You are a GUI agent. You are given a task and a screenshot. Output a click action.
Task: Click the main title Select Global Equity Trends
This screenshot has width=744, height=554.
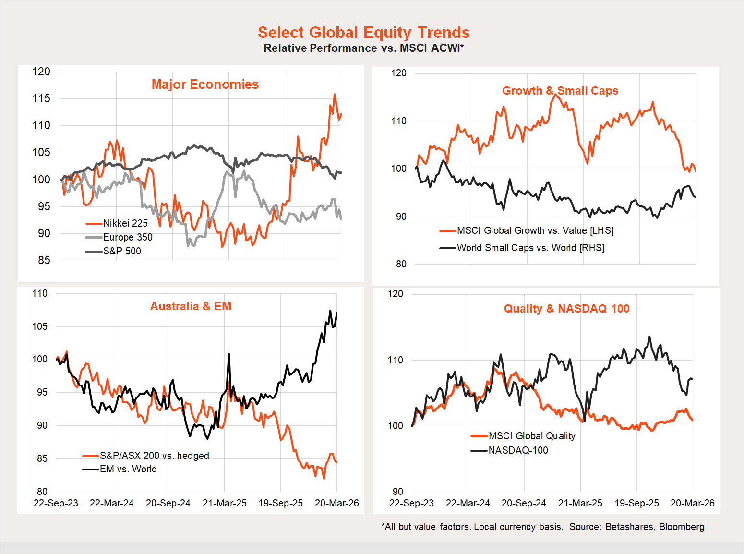363,32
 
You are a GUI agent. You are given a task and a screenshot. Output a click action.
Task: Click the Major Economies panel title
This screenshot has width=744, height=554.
205,84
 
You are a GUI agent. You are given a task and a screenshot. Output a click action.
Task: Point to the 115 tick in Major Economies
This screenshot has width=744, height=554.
41,98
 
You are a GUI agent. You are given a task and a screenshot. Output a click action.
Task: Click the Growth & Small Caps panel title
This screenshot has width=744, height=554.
560,91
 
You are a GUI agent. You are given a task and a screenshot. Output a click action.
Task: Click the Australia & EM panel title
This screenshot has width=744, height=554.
191,306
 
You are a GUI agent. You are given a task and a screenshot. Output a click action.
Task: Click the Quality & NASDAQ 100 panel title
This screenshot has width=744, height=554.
566,309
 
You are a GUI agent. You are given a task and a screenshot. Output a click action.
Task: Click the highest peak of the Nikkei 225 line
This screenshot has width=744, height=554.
335,95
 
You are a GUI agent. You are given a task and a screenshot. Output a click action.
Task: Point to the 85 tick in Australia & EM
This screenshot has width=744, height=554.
42,458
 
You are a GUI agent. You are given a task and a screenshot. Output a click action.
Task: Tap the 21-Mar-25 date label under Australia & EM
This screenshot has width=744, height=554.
224,503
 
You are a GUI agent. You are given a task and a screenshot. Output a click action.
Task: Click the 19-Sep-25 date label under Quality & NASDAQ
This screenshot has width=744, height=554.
636,503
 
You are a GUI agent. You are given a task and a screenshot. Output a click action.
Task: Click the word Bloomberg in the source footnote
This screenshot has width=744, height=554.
682,527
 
